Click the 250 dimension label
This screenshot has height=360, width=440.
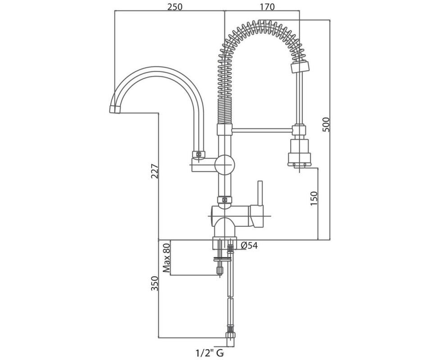(175, 6)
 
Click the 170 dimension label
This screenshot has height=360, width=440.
(267, 6)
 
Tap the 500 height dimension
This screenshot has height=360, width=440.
(327, 124)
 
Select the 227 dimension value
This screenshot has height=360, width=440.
(155, 171)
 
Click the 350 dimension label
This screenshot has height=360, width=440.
(155, 283)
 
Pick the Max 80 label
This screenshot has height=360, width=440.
(166, 257)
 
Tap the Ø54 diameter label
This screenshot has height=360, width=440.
(249, 245)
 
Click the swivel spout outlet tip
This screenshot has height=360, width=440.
(115, 110)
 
